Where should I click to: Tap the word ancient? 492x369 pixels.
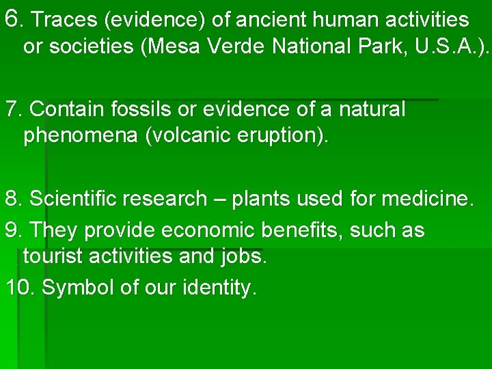[x=249, y=20]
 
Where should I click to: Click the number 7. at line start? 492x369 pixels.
[x=14, y=109]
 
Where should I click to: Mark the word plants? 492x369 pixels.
[x=260, y=199]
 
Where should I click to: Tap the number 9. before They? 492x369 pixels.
[x=14, y=230]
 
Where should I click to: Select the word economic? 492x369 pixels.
[x=205, y=230]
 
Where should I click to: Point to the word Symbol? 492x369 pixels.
[x=78, y=288]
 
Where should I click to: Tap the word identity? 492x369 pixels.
[x=219, y=288]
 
